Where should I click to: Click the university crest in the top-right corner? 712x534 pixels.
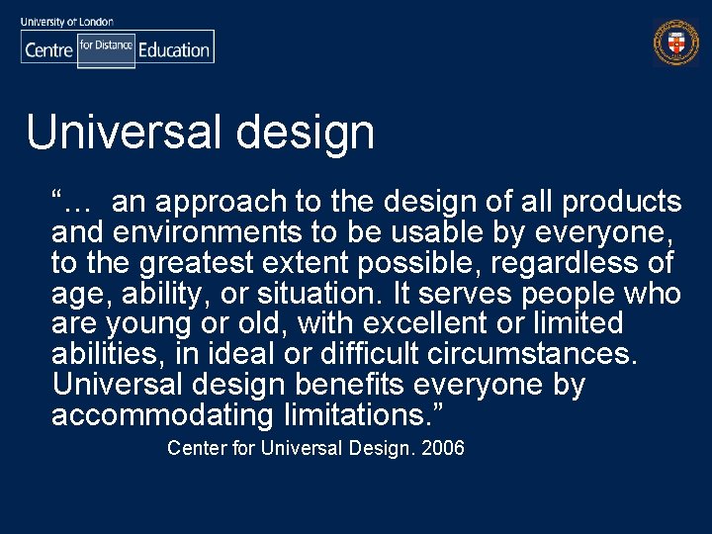(x=676, y=44)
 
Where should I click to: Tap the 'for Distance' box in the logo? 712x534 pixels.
(x=106, y=46)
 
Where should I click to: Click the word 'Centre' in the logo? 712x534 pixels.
(x=48, y=49)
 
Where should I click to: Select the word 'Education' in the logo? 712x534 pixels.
(x=174, y=49)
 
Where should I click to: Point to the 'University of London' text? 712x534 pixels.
(x=67, y=21)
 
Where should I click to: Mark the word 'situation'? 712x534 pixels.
(x=320, y=295)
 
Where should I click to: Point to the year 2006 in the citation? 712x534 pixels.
(x=443, y=449)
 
